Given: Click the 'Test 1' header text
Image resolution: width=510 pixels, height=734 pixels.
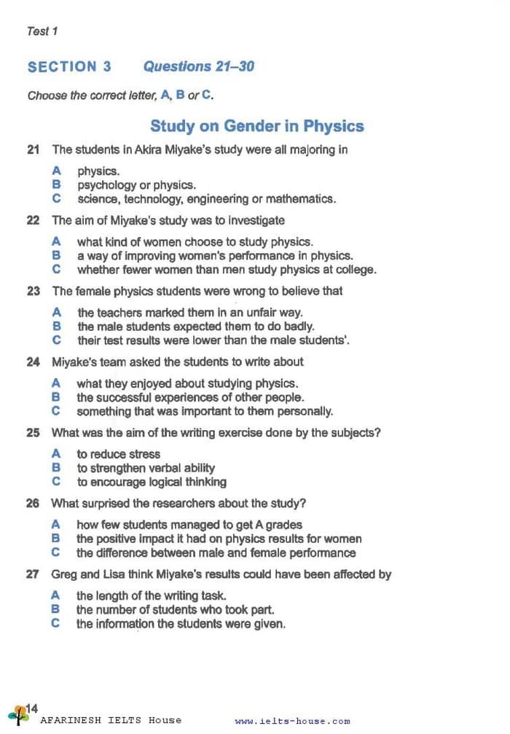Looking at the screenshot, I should [42, 31].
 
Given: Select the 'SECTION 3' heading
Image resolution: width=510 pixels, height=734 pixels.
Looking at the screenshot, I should [69, 66].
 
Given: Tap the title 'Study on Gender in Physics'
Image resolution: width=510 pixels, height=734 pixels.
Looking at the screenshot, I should [256, 126].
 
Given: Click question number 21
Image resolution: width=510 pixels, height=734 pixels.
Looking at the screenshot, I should [33, 150].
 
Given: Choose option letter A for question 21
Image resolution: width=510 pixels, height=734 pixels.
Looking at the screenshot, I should [56, 171].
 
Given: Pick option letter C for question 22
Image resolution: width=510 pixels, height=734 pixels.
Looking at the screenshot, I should [56, 270].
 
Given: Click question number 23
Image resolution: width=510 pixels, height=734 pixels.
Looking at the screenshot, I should [33, 291].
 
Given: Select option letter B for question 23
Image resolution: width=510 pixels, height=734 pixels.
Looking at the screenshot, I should [56, 327].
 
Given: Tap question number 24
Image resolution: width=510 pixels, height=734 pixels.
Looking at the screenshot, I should [33, 362].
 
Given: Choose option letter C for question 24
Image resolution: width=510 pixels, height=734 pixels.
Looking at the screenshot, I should [56, 411].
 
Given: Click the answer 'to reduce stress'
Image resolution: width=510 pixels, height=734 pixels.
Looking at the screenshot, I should [118, 454].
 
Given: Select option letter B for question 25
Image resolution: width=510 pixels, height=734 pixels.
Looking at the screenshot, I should [56, 468].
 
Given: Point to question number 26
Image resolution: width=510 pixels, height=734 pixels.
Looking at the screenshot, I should [33, 504].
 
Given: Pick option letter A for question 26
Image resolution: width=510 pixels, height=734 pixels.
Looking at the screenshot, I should [56, 525].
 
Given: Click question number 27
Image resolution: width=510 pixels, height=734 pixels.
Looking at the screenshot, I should [33, 574].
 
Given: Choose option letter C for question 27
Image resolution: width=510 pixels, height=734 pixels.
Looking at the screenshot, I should [56, 624].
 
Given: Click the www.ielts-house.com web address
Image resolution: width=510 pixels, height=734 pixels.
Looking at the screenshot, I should [292, 722].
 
